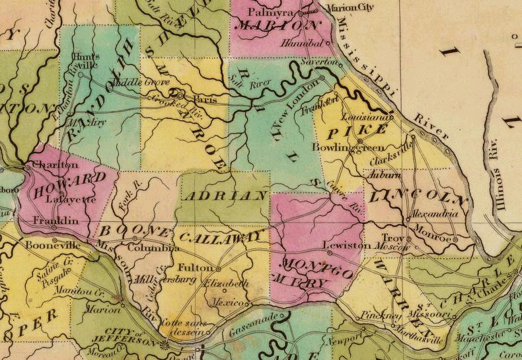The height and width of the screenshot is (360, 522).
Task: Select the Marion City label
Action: point(347,9)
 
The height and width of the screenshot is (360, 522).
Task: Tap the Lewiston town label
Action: point(347,245)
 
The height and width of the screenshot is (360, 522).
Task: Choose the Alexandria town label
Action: point(434,215)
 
